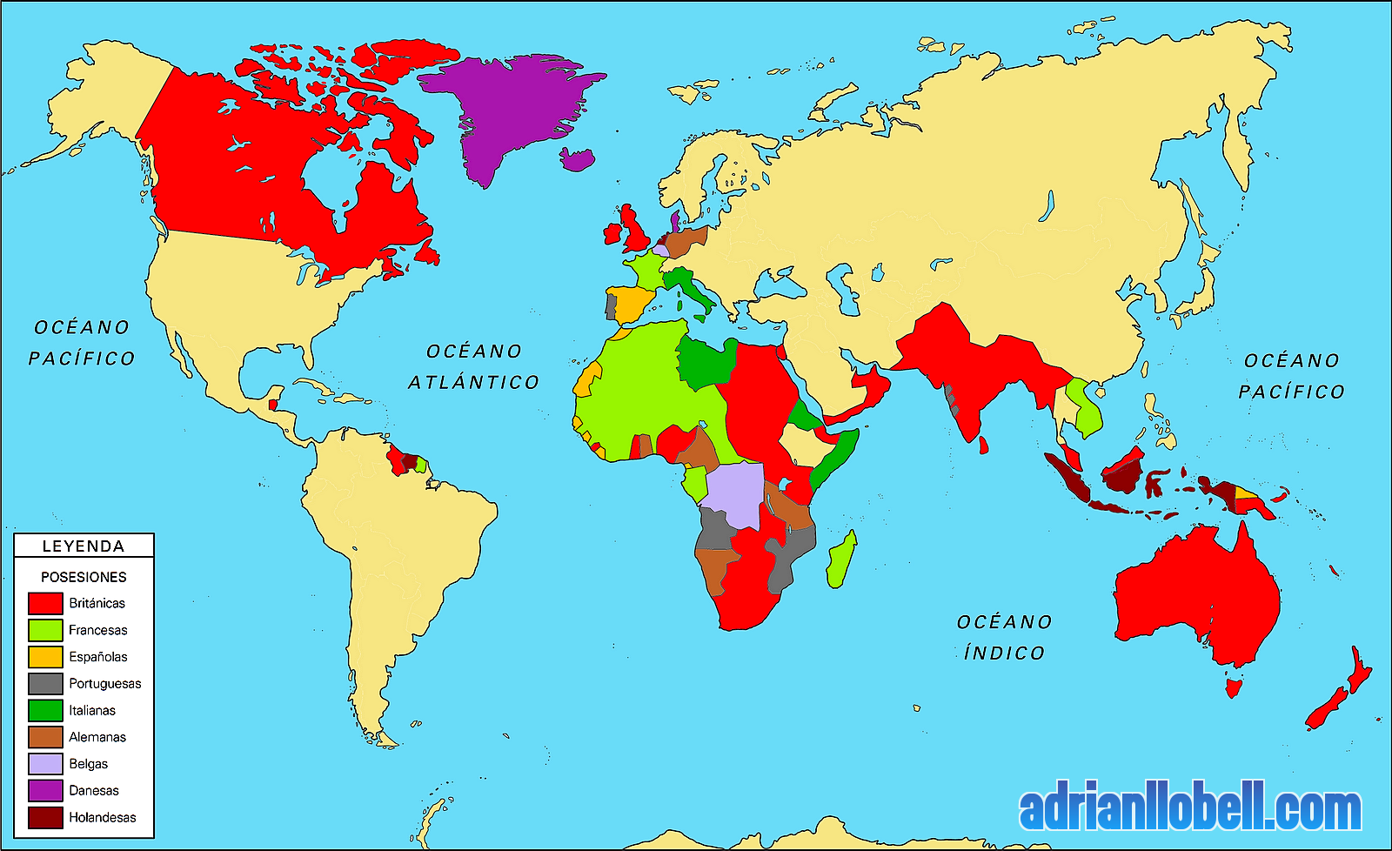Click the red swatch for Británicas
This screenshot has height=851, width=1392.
coord(45,603)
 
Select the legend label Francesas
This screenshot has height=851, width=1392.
coord(97,630)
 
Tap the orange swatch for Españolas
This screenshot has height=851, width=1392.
coord(45,657)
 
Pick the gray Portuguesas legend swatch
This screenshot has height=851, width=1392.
coord(45,684)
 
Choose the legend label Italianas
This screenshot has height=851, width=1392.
coord(92,711)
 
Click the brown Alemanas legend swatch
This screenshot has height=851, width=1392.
coord(45,737)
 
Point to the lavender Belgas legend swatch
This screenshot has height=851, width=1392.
coord(45,764)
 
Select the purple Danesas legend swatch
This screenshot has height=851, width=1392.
coord(45,791)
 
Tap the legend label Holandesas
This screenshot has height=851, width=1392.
coord(103,818)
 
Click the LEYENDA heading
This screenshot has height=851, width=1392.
coord(84,546)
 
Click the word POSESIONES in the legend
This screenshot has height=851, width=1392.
coord(84,577)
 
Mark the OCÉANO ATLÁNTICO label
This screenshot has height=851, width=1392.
coord(474,366)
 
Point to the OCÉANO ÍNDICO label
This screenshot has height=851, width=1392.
coord(1005,637)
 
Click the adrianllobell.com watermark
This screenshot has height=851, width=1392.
coord(1190,810)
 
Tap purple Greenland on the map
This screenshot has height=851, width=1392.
coord(513,104)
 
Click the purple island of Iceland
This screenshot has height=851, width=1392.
coord(577,159)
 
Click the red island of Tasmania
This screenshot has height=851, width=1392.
coord(1232,688)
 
